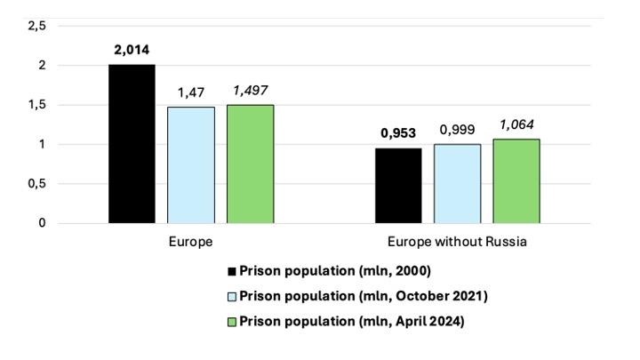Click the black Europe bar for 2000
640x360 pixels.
[132, 144]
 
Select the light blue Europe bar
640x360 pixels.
[191, 165]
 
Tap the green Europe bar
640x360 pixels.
[250, 164]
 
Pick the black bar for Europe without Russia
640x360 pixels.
[399, 186]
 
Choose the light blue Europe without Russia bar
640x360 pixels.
[458, 184]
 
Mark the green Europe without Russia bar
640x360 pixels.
[516, 181]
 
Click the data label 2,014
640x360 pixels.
[132, 50]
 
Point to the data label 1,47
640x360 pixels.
[191, 92]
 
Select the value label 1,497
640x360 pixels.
[250, 91]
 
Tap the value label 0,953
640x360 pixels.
[399, 133]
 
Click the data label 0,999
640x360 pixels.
[458, 130]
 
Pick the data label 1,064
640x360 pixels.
[516, 124]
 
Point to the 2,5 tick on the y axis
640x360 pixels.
[36, 27]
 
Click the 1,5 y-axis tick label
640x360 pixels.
[36, 105]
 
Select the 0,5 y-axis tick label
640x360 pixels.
[36, 184]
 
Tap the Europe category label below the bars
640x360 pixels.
[190, 241]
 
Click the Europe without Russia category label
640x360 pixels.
[458, 241]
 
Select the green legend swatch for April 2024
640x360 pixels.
[233, 322]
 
